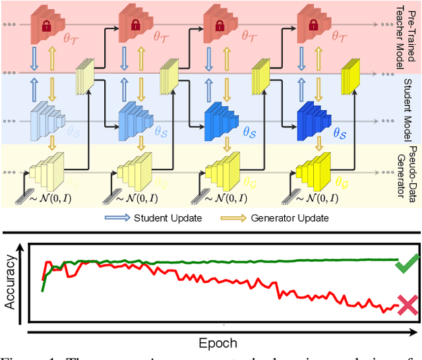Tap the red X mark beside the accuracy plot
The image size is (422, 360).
pyautogui.click(x=407, y=305)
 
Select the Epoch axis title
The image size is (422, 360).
pyautogui.click(x=218, y=343)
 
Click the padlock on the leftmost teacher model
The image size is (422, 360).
pyautogui.click(x=46, y=27)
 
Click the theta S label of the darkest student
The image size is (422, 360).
pyautogui.click(x=340, y=133)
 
